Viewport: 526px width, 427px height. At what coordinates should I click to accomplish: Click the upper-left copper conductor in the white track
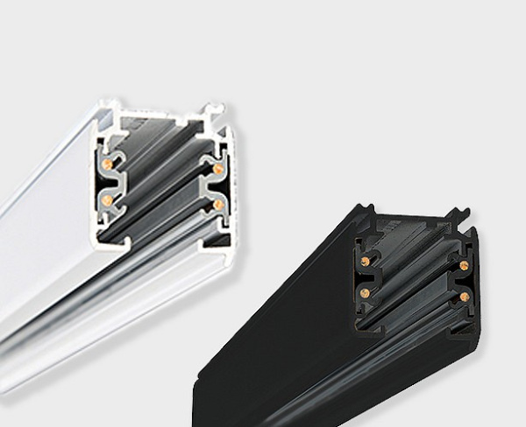tap(107, 164)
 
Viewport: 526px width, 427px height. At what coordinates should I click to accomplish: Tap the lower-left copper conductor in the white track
tap(107, 199)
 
